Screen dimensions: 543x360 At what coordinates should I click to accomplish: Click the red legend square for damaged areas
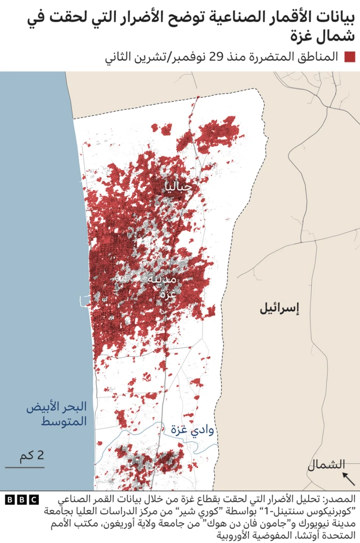pyautogui.click(x=349, y=57)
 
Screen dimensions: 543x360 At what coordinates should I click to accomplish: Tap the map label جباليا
pyautogui.click(x=177, y=187)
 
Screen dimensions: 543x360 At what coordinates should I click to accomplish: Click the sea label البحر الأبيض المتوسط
pyautogui.click(x=56, y=414)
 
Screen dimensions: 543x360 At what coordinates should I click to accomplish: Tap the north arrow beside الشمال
pyautogui.click(x=349, y=479)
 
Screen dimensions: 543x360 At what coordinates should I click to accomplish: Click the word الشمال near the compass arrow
pyautogui.click(x=326, y=465)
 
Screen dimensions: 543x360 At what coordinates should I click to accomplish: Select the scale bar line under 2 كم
pyautogui.click(x=25, y=467)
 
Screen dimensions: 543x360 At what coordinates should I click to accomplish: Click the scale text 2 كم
pyautogui.click(x=31, y=455)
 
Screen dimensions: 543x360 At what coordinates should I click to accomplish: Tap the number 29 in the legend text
pyautogui.click(x=218, y=57)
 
